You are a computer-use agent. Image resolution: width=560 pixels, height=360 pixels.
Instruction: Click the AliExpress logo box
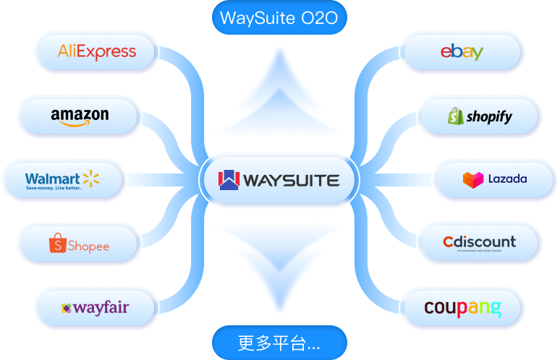[x=96, y=51]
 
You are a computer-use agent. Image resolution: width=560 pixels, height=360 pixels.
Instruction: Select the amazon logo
[x=80, y=116]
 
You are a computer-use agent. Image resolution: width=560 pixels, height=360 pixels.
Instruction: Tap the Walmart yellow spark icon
[x=90, y=177]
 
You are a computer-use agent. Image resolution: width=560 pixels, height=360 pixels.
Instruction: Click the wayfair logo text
[x=101, y=307]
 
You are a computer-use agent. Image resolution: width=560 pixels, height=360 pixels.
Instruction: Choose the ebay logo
[x=462, y=52]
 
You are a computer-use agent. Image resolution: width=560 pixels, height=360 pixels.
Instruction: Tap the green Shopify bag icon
[x=455, y=116]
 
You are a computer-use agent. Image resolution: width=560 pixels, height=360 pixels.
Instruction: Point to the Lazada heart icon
[x=472, y=179]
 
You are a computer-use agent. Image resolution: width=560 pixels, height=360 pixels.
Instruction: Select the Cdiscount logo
[x=479, y=242]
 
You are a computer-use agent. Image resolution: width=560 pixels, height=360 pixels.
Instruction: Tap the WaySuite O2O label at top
[x=279, y=18]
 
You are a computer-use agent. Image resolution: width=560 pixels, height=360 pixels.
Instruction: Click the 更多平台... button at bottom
[x=279, y=342]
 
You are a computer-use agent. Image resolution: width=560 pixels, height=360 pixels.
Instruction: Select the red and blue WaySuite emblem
[x=229, y=179]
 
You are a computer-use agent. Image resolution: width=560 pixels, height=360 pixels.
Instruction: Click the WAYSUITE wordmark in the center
[x=292, y=180]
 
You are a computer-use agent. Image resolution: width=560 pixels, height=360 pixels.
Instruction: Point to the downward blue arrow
[x=279, y=267]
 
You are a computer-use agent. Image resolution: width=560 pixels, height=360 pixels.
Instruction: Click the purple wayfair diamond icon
[x=67, y=308]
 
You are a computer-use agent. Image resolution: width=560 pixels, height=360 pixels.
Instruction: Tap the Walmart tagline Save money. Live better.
[x=54, y=188]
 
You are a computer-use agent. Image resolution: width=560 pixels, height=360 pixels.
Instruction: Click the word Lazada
[x=507, y=179]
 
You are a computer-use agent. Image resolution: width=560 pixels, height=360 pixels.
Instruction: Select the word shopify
[x=489, y=116]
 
